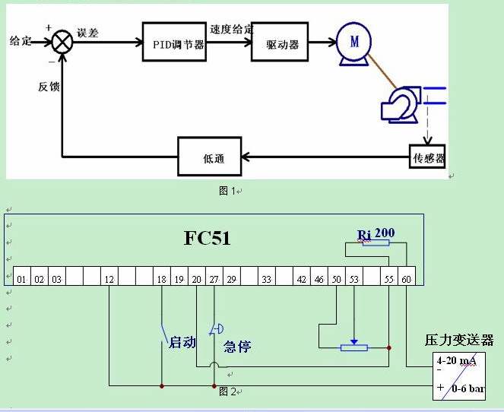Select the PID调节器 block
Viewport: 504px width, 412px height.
tap(174, 43)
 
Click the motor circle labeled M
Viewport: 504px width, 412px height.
tap(353, 43)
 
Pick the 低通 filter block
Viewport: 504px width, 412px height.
tap(211, 157)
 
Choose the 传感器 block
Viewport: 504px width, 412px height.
tap(427, 158)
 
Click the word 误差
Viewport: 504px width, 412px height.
tap(87, 33)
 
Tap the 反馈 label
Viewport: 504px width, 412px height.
tap(49, 87)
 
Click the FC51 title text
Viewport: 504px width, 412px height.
tap(207, 238)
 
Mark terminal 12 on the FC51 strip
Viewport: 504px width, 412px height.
tap(109, 280)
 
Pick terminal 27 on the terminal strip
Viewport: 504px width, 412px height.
tap(214, 280)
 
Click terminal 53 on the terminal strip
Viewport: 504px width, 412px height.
tap(353, 280)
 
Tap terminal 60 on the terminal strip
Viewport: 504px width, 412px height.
tap(407, 280)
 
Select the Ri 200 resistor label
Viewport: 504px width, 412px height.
tap(376, 233)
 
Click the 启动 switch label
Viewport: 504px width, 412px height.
tap(182, 343)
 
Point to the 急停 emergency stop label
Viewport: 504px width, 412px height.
tap(237, 347)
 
